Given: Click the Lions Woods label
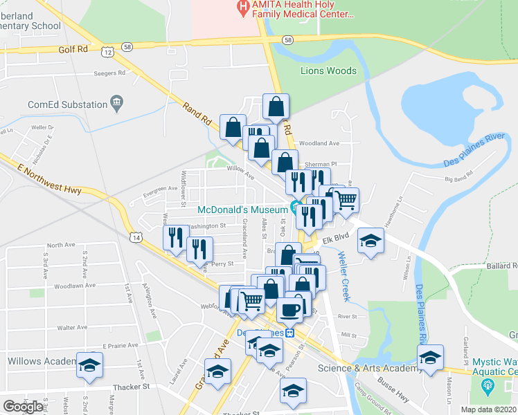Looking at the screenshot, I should (x=328, y=71).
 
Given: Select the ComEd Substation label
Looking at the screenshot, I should (x=67, y=104).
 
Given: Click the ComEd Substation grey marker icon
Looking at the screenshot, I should (x=116, y=104).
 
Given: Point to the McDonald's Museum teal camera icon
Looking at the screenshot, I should (x=296, y=207).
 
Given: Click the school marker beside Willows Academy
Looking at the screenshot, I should (x=89, y=365).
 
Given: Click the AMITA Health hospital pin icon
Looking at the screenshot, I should (x=242, y=8).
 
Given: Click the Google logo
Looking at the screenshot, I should (x=23, y=406).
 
